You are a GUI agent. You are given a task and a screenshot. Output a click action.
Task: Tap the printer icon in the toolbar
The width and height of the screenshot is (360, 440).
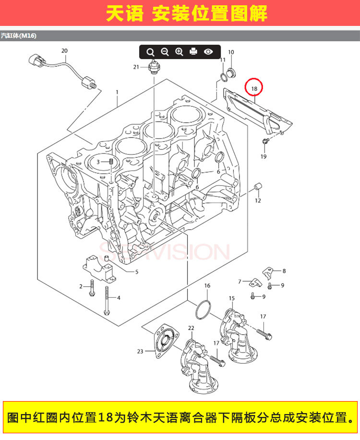[193, 51]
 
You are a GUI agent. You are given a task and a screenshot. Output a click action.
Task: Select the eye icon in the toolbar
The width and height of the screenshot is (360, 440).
[208, 51]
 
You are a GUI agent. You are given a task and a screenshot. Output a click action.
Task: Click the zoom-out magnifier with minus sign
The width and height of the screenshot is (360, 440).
[165, 52]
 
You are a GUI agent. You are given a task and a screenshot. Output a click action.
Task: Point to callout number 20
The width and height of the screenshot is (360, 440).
[64, 51]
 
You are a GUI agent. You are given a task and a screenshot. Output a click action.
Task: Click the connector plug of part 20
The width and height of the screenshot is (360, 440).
[36, 60]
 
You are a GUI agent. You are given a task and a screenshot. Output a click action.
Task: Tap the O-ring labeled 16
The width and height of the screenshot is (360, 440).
[203, 310]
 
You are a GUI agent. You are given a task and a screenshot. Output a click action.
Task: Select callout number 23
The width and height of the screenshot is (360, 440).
[140, 351]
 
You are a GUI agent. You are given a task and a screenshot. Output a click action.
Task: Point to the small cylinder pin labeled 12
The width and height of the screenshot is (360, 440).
[258, 186]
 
